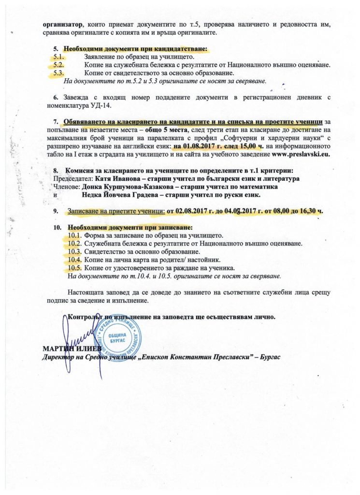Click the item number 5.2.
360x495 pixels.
[x=59, y=64]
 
